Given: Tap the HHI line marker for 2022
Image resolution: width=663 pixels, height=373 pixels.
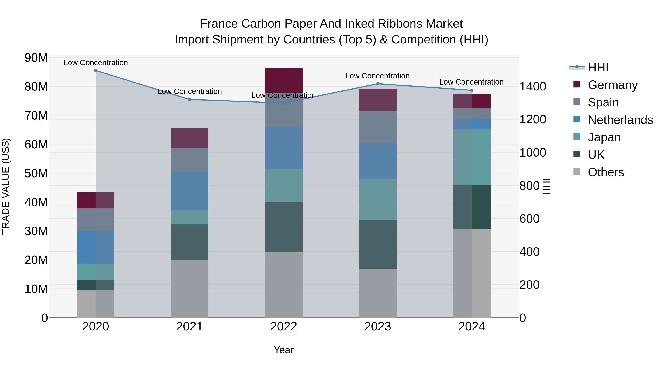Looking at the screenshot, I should (284, 103).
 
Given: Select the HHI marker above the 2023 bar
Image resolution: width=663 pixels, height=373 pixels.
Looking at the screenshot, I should (378, 84).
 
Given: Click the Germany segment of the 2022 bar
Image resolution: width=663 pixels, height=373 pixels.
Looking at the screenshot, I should (284, 80).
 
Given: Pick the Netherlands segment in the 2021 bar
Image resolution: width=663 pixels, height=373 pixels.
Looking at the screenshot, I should (190, 191).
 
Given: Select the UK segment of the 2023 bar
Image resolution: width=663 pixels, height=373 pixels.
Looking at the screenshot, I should (378, 245).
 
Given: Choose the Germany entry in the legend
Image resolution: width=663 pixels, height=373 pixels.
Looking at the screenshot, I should (613, 85).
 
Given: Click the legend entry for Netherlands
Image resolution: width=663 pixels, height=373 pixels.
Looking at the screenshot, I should (620, 120).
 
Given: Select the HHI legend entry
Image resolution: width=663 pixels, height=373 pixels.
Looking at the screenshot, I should (598, 67).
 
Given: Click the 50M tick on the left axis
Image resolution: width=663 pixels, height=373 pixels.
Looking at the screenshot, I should (36, 174).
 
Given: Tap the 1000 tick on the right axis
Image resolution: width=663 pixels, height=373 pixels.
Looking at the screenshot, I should (532, 153).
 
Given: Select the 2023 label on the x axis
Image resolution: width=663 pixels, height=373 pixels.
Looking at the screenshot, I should (378, 327).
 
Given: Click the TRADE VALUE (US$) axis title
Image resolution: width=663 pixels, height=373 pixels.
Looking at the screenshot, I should (6, 186).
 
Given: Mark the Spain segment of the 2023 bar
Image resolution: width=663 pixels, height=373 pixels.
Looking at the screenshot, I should (378, 127).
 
